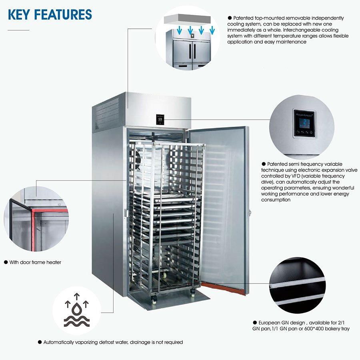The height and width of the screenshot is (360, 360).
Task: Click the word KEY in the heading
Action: coord(19,15)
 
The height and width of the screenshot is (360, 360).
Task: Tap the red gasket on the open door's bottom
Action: coord(222,288)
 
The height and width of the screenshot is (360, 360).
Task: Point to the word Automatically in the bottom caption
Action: coord(58,342)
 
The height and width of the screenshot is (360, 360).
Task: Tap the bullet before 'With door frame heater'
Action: coord(6,262)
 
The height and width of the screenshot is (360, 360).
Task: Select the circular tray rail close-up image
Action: coord(297,285)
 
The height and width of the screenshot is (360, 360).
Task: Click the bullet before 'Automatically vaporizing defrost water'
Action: coord(40,342)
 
